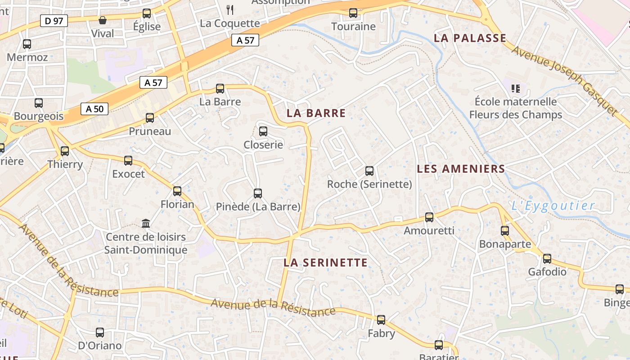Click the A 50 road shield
94,108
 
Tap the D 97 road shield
54,20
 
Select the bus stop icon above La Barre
220,89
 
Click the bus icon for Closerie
263,131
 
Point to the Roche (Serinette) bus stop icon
369,171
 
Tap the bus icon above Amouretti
429,217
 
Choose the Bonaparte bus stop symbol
505,231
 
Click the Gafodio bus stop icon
547,259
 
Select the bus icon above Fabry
381,320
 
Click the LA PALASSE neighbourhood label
470,38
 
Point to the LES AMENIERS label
461,169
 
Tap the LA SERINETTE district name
325,262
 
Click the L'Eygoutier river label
553,206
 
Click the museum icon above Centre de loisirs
146,223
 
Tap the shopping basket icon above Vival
103,20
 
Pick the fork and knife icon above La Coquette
230,9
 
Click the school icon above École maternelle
516,88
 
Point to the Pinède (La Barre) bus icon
258,193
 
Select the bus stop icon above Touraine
353,13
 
